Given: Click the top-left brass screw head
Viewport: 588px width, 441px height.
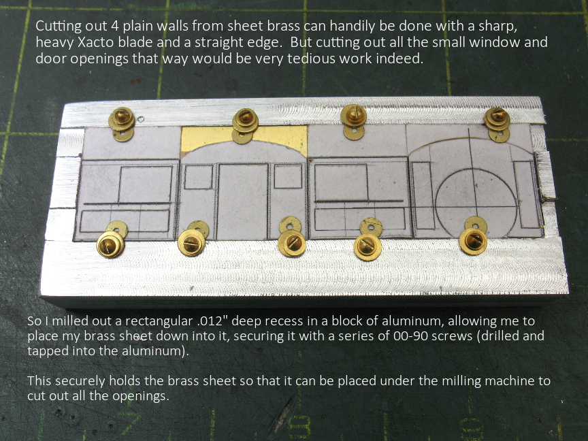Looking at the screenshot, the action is pos(122,118).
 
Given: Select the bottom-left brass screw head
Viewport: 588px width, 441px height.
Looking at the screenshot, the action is pos(110,244).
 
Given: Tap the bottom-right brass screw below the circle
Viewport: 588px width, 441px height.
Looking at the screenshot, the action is pos(473,241).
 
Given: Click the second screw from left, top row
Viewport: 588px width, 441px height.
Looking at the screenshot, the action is pos(245,120).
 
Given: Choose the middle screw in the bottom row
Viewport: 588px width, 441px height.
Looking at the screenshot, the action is pos(292,243).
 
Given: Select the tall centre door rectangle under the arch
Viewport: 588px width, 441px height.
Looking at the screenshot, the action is pos(243,201).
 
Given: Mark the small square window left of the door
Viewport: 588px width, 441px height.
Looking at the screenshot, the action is pos(198,176).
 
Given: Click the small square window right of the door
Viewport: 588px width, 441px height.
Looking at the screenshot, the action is pos(288,176).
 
